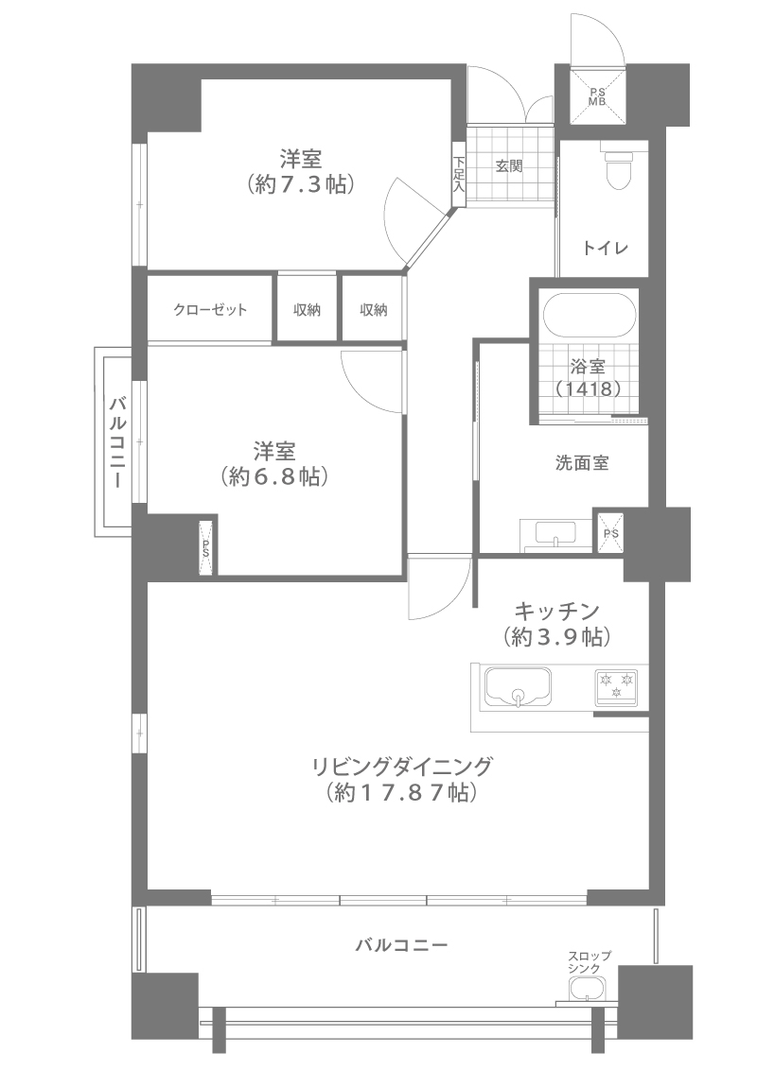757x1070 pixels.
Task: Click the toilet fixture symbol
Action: pyautogui.click(x=619, y=168)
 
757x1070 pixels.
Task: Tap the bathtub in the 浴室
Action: pyautogui.click(x=589, y=317)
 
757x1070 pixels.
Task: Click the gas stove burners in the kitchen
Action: pyautogui.click(x=616, y=687)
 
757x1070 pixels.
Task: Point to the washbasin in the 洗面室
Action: pyautogui.click(x=555, y=532)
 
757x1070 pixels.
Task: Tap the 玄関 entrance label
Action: pyautogui.click(x=509, y=165)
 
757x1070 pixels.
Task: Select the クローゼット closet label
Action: pyautogui.click(x=210, y=310)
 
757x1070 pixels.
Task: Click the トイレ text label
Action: pyautogui.click(x=605, y=248)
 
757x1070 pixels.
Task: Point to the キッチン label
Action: pyautogui.click(x=556, y=609)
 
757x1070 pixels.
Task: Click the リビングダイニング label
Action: pyautogui.click(x=402, y=767)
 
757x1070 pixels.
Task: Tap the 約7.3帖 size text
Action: pyautogui.click(x=301, y=184)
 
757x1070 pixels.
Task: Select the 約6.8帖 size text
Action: pyautogui.click(x=274, y=476)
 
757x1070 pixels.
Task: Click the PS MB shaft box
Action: pyautogui.click(x=597, y=95)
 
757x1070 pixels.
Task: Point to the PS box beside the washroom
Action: pyautogui.click(x=610, y=532)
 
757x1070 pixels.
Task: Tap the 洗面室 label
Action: pyautogui.click(x=581, y=463)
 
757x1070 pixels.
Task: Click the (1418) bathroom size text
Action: pyautogui.click(x=589, y=389)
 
